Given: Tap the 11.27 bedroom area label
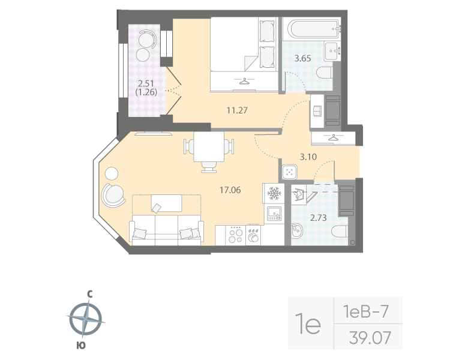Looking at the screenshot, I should coord(237,110).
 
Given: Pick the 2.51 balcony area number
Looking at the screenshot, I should coord(146,83).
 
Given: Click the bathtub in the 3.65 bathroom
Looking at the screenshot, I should coord(311,27).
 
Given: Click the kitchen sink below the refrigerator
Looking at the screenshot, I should coord(274,213).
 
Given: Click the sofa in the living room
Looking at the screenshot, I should coord(166,229).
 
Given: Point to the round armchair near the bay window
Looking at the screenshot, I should coord(113,194).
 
